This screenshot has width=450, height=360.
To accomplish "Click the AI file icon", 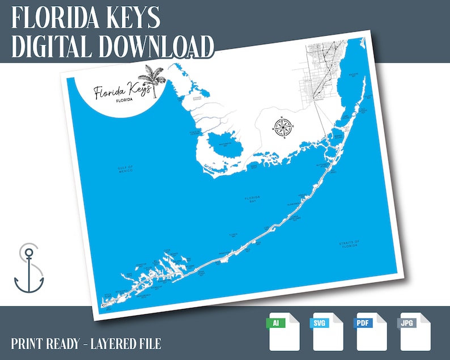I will (x=283, y=332).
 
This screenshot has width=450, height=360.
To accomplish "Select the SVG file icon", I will (x=327, y=332).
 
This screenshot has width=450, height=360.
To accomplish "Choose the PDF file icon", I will (x=371, y=332).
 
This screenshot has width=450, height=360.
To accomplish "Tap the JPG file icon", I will (x=415, y=332).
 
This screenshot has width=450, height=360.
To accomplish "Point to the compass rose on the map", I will (x=282, y=126).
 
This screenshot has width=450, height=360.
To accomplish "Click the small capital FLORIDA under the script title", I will (x=124, y=100).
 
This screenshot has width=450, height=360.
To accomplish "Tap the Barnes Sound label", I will (x=337, y=136).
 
